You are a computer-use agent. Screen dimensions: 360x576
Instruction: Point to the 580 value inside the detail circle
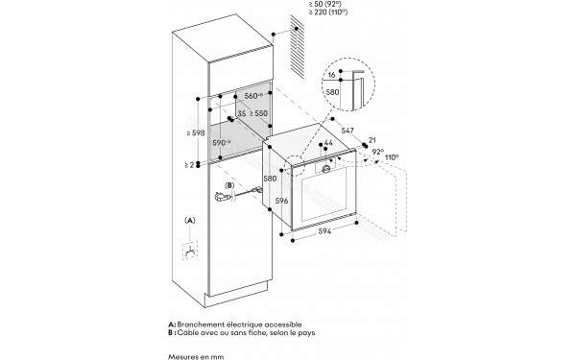[332, 92]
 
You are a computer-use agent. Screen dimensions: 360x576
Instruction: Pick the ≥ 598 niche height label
[194, 132]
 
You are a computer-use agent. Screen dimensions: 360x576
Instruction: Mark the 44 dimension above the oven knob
[328, 142]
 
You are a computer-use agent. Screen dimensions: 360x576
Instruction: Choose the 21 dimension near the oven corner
[372, 140]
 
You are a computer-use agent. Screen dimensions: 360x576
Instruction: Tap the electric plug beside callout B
[225, 199]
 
